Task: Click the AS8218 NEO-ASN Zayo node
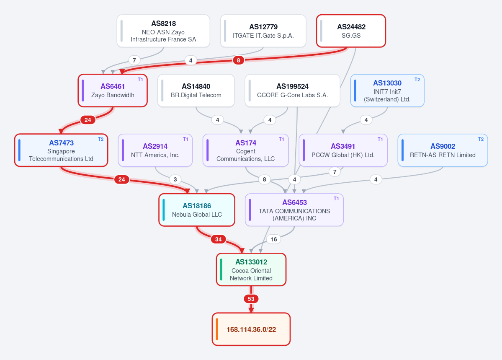point(163,31)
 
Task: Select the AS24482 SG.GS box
point(351,31)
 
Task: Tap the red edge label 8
point(238,60)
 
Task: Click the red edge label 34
point(219,239)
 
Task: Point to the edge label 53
point(251,299)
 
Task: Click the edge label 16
point(273,239)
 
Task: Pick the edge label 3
point(175,179)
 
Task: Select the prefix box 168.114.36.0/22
point(251,329)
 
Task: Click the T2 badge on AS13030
point(417,80)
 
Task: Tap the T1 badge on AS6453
point(336,198)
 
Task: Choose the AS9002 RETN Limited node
point(443,150)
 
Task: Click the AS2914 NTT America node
point(155,150)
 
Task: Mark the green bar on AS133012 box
point(221,269)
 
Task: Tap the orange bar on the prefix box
point(217,329)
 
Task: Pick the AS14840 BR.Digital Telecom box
point(196,91)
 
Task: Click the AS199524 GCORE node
point(292,91)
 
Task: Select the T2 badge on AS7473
point(100,139)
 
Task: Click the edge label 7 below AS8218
point(134,60)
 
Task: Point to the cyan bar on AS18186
point(164,210)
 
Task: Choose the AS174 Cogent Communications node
point(246,150)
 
